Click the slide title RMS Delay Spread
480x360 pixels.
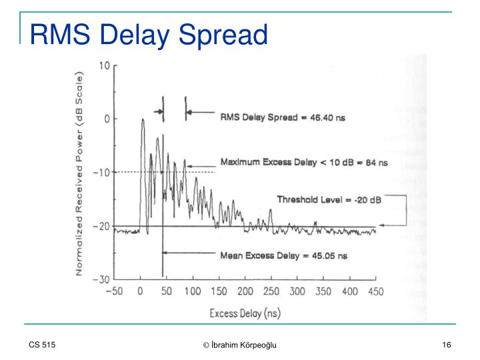[x=147, y=34]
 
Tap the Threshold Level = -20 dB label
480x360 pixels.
[x=329, y=199]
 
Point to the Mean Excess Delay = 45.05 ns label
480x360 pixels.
[x=283, y=255]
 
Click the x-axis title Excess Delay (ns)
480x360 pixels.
[x=245, y=313]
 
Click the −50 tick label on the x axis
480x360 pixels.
[x=115, y=291]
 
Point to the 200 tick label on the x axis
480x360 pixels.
[x=245, y=291]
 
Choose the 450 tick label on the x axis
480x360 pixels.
[x=375, y=291]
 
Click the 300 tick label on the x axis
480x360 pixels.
[x=297, y=291]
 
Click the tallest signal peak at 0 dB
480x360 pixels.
[x=142, y=121]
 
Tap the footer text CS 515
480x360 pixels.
[x=41, y=344]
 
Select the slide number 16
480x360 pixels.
[x=447, y=344]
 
